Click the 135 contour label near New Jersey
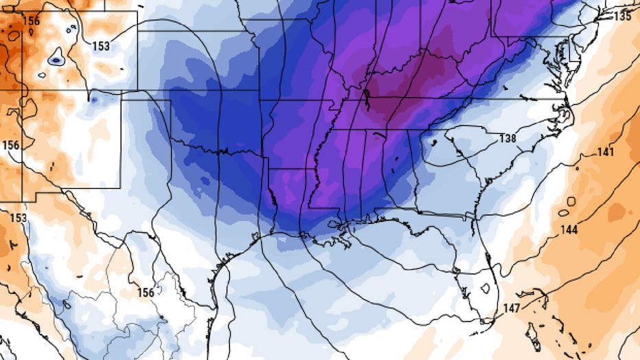(x=624, y=16)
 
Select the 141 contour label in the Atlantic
(x=606, y=152)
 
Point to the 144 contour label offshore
(x=569, y=229)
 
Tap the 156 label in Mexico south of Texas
(x=145, y=293)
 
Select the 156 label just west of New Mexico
(x=11, y=145)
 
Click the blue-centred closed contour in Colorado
(x=56, y=58)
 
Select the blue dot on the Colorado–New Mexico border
(x=93, y=100)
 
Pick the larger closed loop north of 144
(x=571, y=202)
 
